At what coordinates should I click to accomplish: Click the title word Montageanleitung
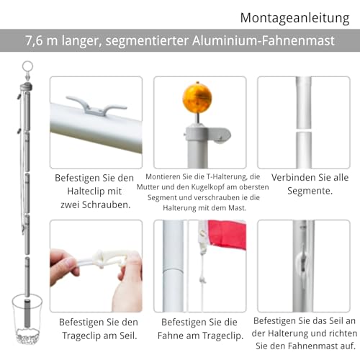[x=294, y=18]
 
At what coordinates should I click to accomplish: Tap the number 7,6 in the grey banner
[x=34, y=40]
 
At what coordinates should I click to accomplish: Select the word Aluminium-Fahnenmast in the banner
[x=263, y=40]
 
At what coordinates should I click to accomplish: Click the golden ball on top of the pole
[x=197, y=97]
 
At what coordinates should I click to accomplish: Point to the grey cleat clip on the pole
[x=96, y=106]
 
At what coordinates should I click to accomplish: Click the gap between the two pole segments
[x=304, y=130]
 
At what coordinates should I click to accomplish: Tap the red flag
[x=227, y=235]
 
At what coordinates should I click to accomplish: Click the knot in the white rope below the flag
[x=203, y=279]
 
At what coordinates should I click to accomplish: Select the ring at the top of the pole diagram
[x=27, y=67]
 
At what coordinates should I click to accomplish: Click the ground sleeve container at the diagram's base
[x=27, y=318]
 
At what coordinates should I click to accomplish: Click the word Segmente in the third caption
[x=310, y=191]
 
